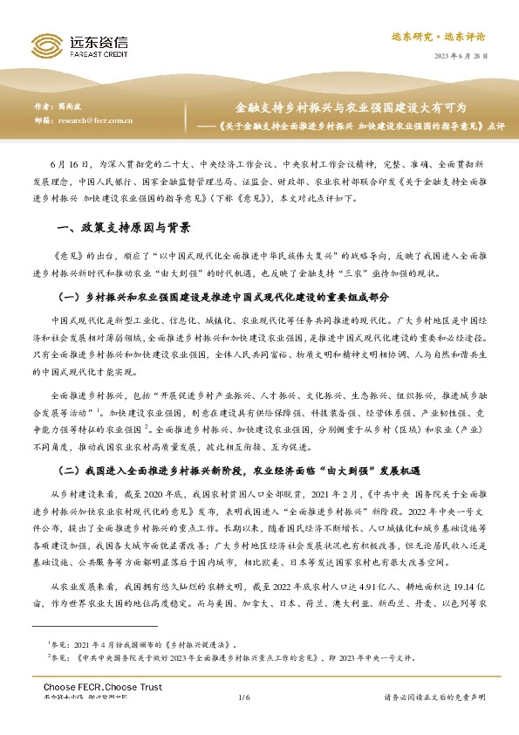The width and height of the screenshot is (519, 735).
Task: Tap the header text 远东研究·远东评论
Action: click(449, 37)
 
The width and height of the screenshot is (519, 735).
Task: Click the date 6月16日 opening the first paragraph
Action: click(68, 162)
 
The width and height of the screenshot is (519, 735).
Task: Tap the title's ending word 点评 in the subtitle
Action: click(495, 124)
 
